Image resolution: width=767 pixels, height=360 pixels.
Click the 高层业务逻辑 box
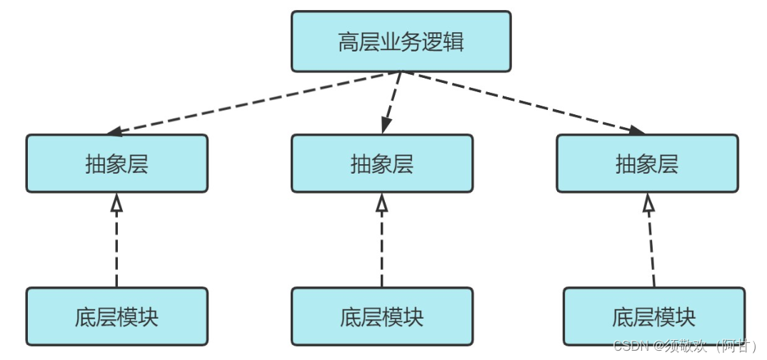pyautogui.click(x=401, y=41)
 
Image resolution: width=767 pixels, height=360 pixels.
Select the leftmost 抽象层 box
pyautogui.click(x=116, y=164)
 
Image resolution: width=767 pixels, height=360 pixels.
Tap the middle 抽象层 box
pyautogui.click(x=381, y=164)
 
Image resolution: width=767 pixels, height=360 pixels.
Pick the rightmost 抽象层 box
pyautogui.click(x=646, y=164)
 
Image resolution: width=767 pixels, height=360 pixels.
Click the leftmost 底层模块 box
pyautogui.click(x=116, y=316)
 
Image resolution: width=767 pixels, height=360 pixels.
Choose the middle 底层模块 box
pyautogui.click(x=381, y=316)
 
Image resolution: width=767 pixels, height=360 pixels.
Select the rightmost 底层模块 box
pyautogui.click(x=653, y=316)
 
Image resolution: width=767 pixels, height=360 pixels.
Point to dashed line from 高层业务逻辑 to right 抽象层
pyautogui.click(x=521, y=102)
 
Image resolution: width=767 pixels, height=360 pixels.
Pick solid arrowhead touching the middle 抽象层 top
pyautogui.click(x=386, y=125)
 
